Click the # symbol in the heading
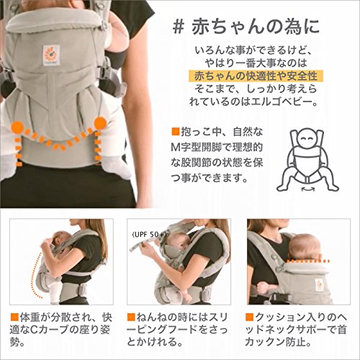click(179, 27)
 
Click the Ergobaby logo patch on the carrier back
click(51, 55)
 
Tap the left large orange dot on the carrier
click(17, 127)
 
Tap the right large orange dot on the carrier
click(100, 122)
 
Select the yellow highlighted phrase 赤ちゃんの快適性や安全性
click(256, 76)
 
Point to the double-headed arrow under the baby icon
click(308, 189)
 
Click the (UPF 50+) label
click(149, 235)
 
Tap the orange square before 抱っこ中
click(176, 132)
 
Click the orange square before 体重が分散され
click(14, 318)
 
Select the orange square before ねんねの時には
click(131, 318)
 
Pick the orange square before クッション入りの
click(249, 318)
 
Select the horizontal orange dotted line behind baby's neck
click(308, 261)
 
